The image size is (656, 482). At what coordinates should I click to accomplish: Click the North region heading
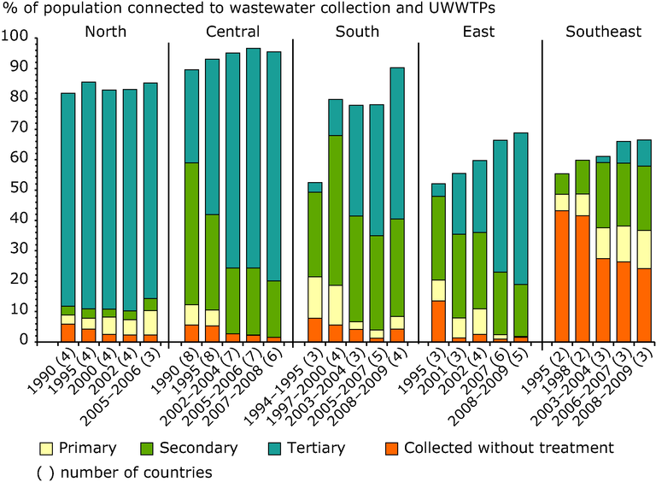tap(106, 32)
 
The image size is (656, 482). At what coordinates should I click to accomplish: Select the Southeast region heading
tap(603, 32)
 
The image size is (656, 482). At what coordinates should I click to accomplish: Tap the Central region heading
tap(233, 32)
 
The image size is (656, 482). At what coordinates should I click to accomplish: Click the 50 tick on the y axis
tap(18, 189)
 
